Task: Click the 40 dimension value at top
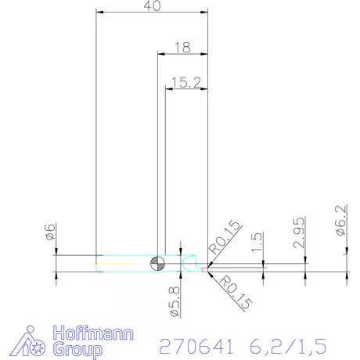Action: pos(153,6)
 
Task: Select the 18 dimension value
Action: pos(183,48)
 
